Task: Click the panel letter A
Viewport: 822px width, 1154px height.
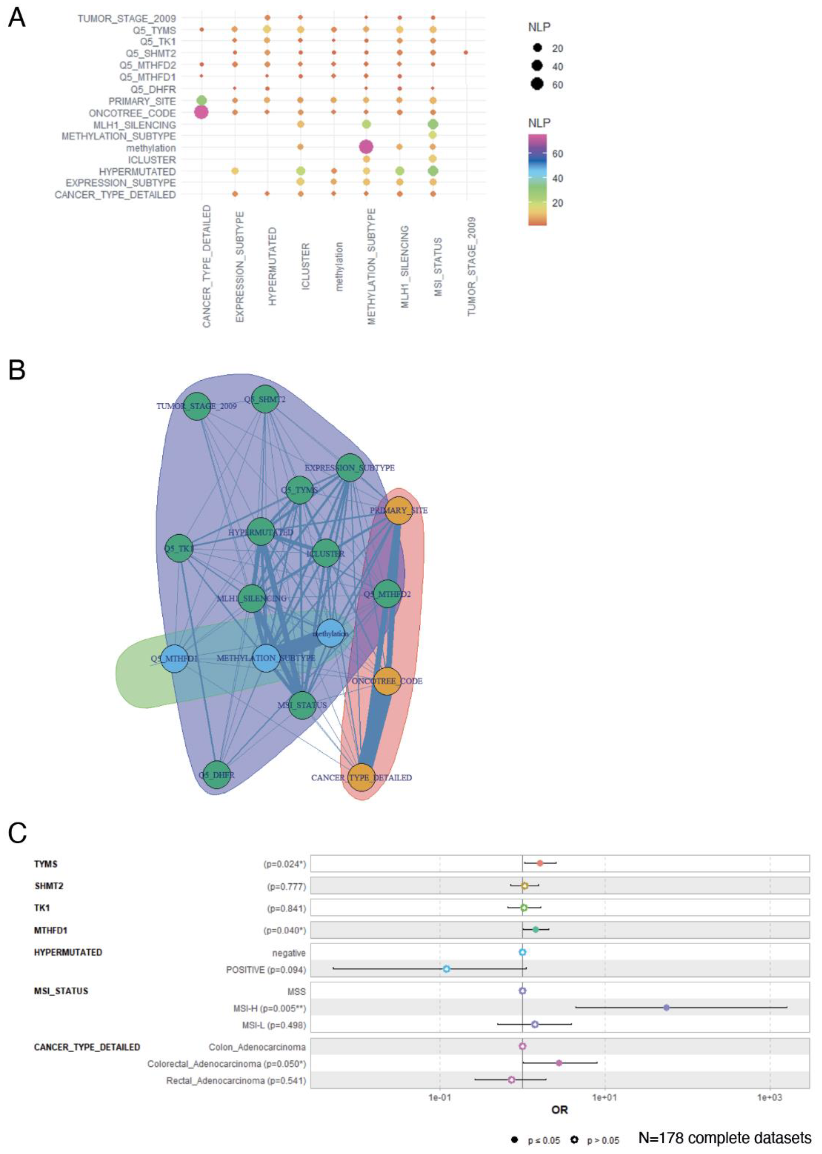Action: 17,19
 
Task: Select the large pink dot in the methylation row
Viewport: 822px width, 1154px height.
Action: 366,147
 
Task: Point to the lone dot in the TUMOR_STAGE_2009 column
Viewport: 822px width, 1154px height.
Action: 466,53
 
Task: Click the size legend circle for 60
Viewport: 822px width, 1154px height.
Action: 537,85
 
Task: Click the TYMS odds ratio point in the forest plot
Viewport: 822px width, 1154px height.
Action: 540,863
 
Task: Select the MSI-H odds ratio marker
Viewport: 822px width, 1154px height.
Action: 667,1008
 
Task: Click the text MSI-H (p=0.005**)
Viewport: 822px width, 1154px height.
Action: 269,1008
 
